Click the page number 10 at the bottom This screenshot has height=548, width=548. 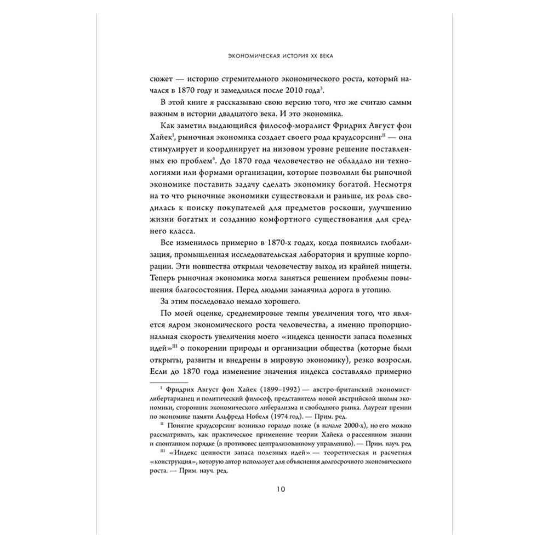pyautogui.click(x=274, y=489)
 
